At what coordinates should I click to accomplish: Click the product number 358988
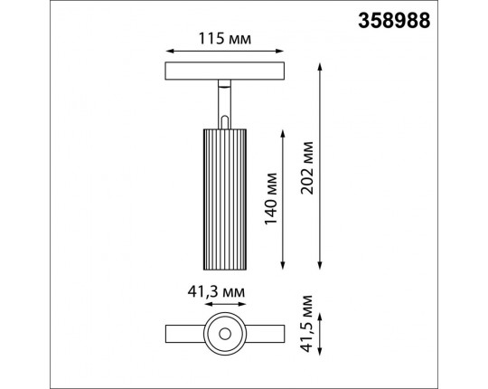pyautogui.click(x=431, y=17)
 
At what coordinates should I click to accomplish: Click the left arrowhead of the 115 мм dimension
pyautogui.click(x=169, y=51)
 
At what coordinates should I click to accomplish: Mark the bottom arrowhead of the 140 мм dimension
pyautogui.click(x=287, y=265)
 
